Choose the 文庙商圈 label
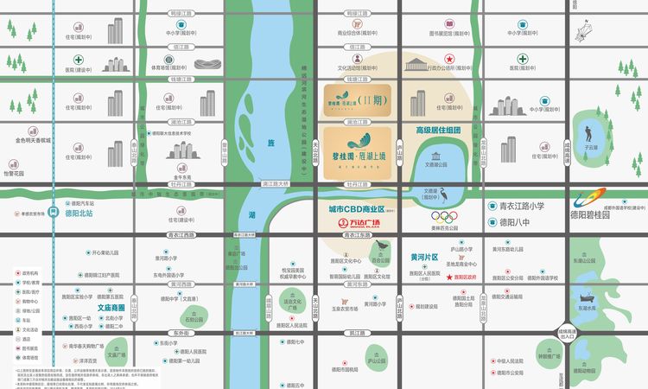[x=111, y=307]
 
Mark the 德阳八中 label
[x=518, y=222]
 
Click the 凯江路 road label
[x=358, y=331]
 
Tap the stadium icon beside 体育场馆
[x=207, y=65]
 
